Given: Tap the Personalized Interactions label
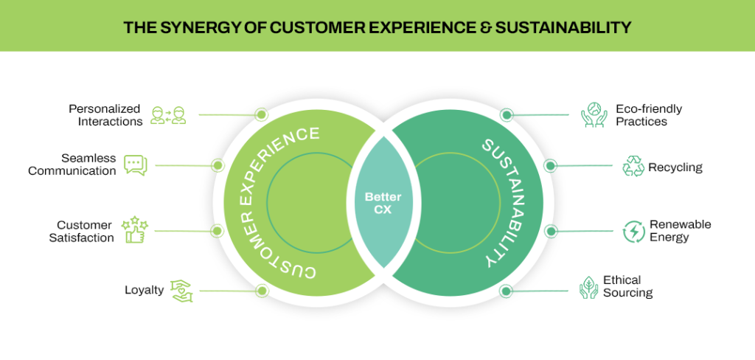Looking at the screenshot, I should [105, 115].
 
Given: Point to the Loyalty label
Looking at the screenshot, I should [144, 290].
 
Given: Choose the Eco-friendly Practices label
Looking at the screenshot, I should [649, 115].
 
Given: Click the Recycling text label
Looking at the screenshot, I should [675, 167].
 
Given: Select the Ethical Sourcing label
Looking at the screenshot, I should [627, 286].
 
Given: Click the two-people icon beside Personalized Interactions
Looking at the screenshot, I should [168, 115].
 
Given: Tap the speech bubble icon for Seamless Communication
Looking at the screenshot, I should [136, 165].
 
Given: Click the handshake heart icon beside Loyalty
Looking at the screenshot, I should [181, 290].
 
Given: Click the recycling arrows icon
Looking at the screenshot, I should [633, 166].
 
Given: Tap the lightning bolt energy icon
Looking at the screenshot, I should [633, 231].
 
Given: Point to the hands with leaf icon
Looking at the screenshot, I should [588, 287].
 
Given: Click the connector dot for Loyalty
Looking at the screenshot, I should [260, 291].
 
